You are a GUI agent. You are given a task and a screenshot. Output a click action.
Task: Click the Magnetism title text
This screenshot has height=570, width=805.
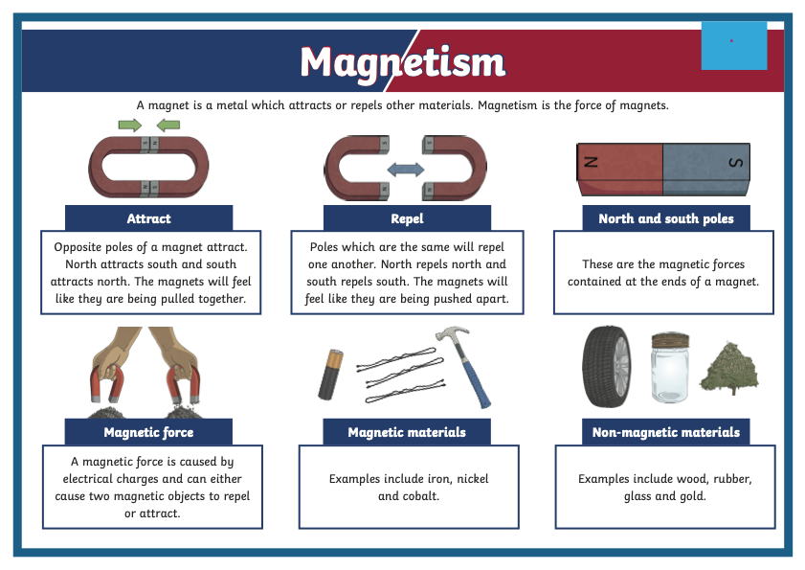[x=403, y=62]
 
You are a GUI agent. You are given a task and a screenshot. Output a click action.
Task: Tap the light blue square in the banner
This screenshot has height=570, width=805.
[x=734, y=45]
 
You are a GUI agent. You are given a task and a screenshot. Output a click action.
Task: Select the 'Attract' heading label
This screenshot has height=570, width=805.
[x=149, y=218]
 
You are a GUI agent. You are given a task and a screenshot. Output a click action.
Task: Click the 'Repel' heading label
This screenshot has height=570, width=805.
[x=407, y=218]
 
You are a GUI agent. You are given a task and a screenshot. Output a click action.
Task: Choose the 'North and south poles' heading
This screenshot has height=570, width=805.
[x=666, y=218]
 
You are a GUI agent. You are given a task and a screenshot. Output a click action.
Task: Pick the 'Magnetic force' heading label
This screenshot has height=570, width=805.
[x=148, y=432]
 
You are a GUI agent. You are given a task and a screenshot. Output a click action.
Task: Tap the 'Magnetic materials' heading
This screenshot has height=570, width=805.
[x=407, y=432]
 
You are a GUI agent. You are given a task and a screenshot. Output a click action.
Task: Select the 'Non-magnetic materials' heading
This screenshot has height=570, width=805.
[x=666, y=432]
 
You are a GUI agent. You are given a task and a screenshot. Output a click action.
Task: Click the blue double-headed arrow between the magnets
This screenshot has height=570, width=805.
[x=406, y=170]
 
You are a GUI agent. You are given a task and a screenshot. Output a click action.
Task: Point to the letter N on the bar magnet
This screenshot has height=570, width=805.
[x=591, y=162]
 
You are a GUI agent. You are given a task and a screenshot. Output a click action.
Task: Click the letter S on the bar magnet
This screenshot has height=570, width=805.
[x=736, y=163]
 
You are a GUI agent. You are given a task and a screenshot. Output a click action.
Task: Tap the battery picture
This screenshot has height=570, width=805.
[x=330, y=375]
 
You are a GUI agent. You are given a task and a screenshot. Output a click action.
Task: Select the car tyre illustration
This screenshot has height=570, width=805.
[x=607, y=366]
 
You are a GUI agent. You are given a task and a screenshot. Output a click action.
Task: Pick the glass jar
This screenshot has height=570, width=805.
[x=670, y=368]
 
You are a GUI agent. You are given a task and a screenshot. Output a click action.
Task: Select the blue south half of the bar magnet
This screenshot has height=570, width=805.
[x=706, y=170]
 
